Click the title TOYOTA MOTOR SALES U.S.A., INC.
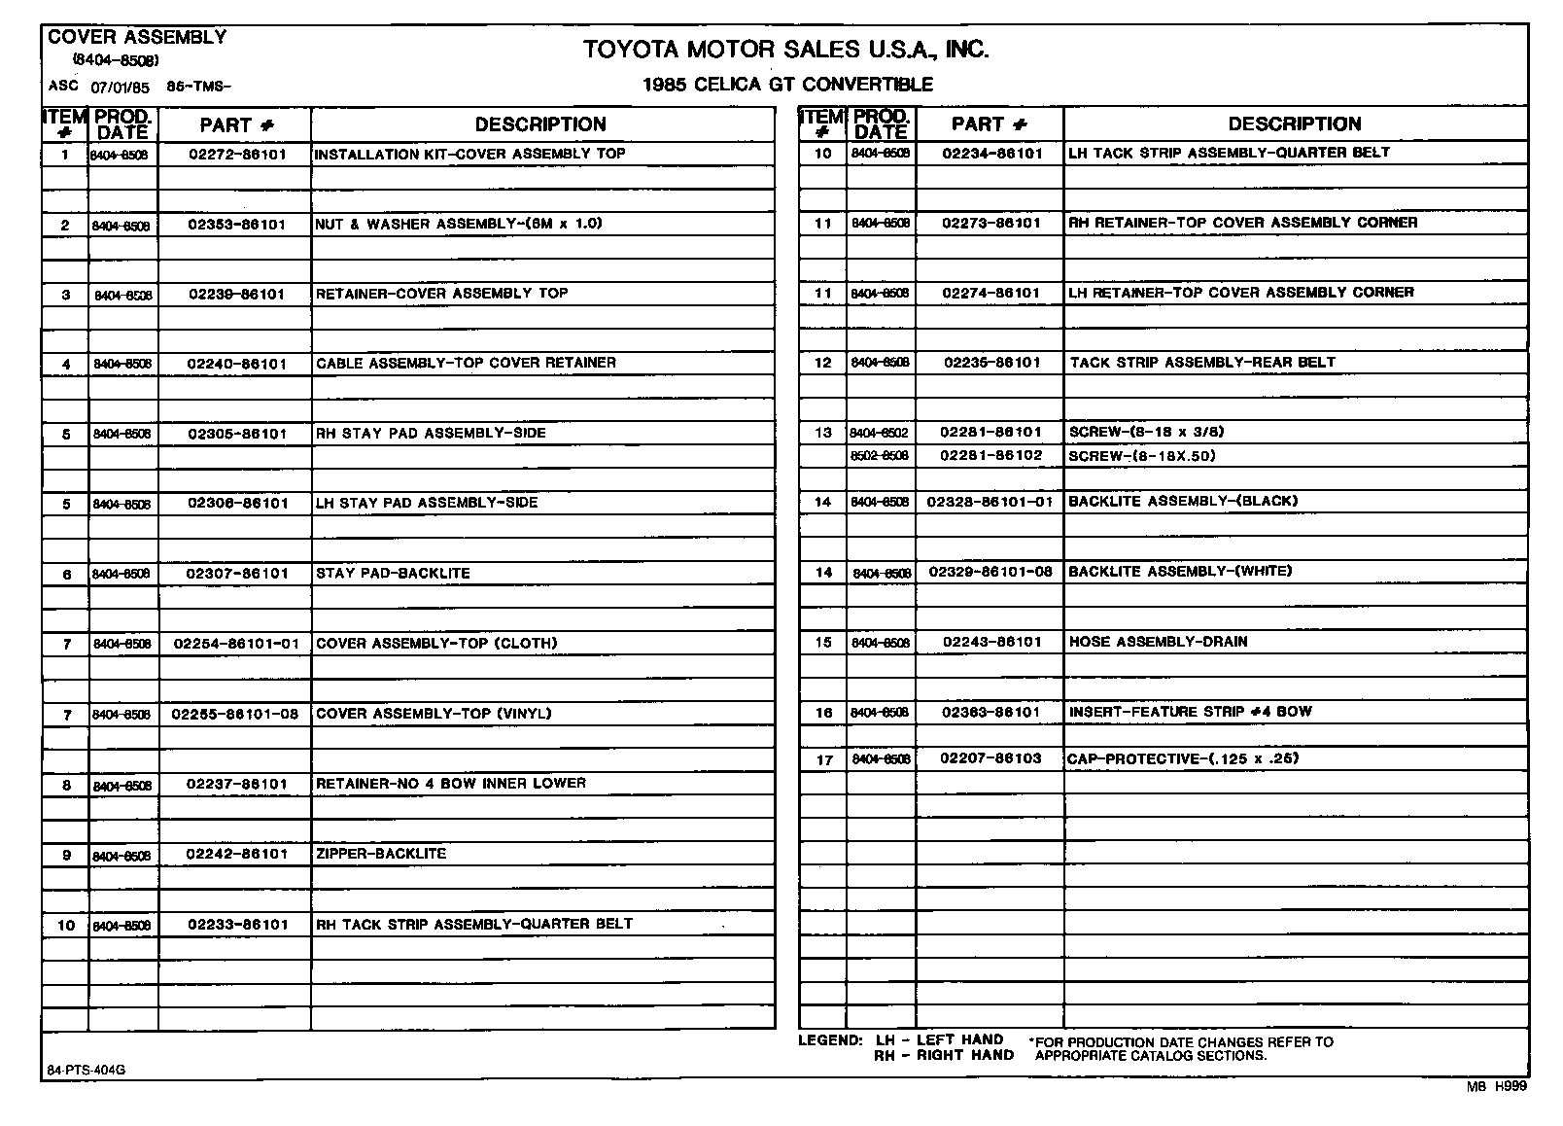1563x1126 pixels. (785, 49)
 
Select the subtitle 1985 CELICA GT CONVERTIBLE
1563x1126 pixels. (787, 85)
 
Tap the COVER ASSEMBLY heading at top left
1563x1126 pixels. (137, 37)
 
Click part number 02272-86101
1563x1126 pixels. (237, 155)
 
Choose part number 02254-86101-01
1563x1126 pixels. (236, 644)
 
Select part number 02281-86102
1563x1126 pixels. (990, 455)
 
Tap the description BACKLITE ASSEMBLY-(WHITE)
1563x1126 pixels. (1180, 572)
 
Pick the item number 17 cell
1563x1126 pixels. (823, 760)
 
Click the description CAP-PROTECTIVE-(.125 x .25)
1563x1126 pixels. (1183, 759)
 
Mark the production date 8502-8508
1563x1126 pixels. (880, 456)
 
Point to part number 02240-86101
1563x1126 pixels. (237, 365)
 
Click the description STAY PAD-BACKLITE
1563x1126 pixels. (393, 574)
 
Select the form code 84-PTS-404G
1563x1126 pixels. (86, 1071)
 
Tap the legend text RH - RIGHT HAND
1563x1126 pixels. (943, 1055)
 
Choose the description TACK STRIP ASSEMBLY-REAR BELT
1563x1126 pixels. (1202, 363)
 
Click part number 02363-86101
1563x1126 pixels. (990, 713)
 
